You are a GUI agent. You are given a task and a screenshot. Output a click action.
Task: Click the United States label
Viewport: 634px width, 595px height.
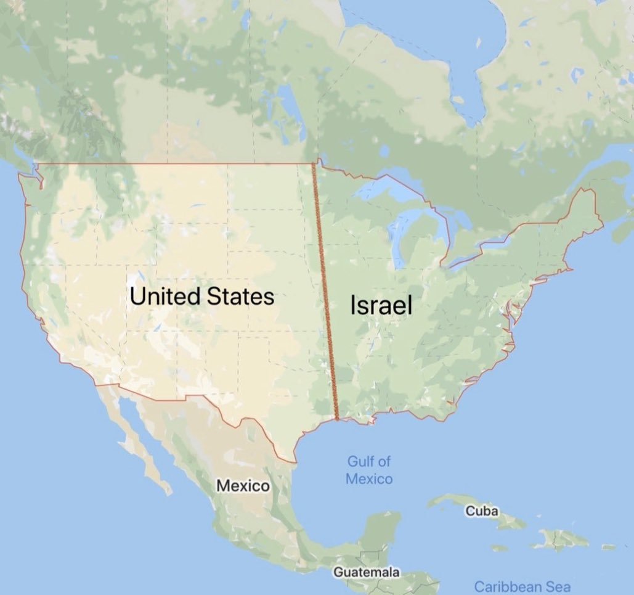pyautogui.click(x=201, y=296)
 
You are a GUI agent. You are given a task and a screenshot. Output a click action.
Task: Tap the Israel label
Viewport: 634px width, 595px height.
pyautogui.click(x=381, y=305)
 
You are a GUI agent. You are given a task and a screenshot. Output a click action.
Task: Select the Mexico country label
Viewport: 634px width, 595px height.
pyautogui.click(x=243, y=486)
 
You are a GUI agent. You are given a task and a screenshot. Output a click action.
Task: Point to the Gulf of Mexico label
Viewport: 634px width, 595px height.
pyautogui.click(x=369, y=470)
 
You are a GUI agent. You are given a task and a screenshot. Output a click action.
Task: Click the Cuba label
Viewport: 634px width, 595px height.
pyautogui.click(x=482, y=511)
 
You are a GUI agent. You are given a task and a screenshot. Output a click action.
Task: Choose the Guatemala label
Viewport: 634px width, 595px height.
pyautogui.click(x=366, y=572)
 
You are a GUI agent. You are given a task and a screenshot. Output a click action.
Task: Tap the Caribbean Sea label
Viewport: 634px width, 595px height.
pyautogui.click(x=522, y=586)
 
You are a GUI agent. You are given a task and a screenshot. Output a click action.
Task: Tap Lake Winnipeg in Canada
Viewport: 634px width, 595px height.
pyautogui.click(x=287, y=99)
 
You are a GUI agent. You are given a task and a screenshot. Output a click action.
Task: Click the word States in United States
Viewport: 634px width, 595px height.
pyautogui.click(x=240, y=296)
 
